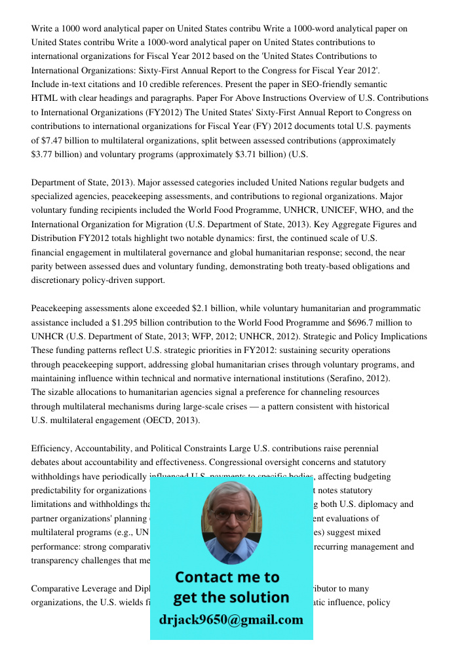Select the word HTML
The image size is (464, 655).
45,98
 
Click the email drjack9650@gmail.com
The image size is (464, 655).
231,620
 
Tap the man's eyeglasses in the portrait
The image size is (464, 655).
230,515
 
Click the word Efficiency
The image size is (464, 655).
51,449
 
